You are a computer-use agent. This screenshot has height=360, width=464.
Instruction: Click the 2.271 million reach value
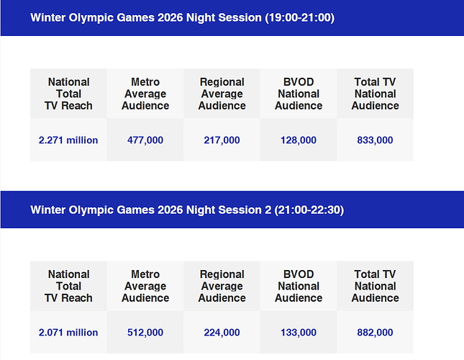[x=68, y=140]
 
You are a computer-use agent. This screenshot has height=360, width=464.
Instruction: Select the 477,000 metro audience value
[x=145, y=140]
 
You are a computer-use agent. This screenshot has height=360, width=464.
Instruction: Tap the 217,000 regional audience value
[x=222, y=140]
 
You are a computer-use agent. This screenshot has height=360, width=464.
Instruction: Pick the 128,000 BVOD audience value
[x=299, y=140]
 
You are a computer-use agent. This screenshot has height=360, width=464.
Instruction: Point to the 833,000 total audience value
[x=375, y=140]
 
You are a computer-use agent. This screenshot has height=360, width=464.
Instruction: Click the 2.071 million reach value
[x=68, y=333]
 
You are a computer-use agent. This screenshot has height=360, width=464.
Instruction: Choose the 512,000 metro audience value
[x=145, y=333]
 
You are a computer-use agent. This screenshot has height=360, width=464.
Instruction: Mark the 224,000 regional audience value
[x=222, y=333]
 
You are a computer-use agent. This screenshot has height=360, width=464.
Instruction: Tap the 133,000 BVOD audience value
[x=299, y=333]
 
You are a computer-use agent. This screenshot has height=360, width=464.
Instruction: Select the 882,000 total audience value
[x=375, y=333]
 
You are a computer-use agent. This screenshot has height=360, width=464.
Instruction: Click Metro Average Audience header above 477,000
[x=145, y=94]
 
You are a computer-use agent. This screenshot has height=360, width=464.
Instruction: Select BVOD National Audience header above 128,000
[x=299, y=94]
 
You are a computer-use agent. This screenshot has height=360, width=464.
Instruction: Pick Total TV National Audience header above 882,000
[x=375, y=286]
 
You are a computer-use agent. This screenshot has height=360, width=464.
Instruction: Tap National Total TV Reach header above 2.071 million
[x=68, y=286]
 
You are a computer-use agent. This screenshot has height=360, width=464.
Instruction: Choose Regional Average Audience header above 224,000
[x=222, y=286]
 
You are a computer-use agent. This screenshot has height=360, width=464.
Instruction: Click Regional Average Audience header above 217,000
[x=222, y=94]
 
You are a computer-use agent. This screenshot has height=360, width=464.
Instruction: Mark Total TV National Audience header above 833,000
[x=375, y=94]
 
